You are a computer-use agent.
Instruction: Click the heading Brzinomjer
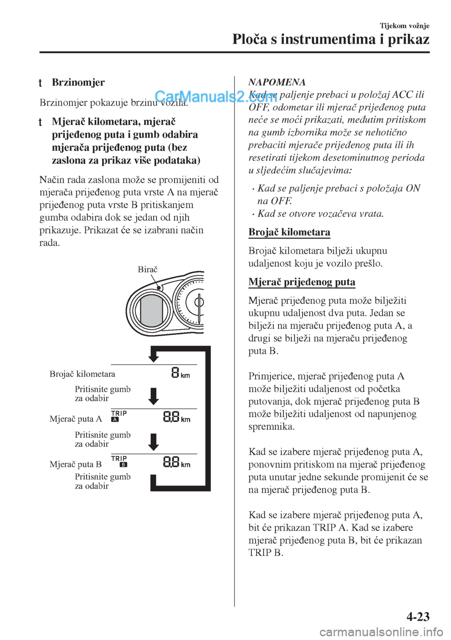(78, 83)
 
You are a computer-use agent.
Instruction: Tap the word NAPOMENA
(277, 82)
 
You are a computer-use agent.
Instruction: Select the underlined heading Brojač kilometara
(289, 232)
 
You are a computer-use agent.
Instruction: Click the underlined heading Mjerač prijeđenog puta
(302, 282)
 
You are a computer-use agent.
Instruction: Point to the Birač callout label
(148, 269)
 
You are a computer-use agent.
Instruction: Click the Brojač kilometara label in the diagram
(82, 374)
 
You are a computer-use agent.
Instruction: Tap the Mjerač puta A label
(76, 419)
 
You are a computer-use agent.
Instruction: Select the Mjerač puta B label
(76, 464)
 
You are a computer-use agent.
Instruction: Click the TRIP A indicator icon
(119, 416)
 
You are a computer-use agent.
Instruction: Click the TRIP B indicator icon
(119, 461)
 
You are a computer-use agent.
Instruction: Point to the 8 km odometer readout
(180, 373)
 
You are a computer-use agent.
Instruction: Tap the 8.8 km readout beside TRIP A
(177, 417)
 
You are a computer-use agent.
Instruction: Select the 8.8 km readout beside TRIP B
(177, 462)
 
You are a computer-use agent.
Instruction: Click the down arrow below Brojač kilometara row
(154, 396)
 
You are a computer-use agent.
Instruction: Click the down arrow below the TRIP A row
(154, 442)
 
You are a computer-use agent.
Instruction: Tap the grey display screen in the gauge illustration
(151, 311)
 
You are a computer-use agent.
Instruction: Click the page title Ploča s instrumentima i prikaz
(331, 39)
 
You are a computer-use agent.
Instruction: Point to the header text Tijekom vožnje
(404, 26)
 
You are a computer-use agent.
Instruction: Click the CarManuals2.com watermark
(216, 97)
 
